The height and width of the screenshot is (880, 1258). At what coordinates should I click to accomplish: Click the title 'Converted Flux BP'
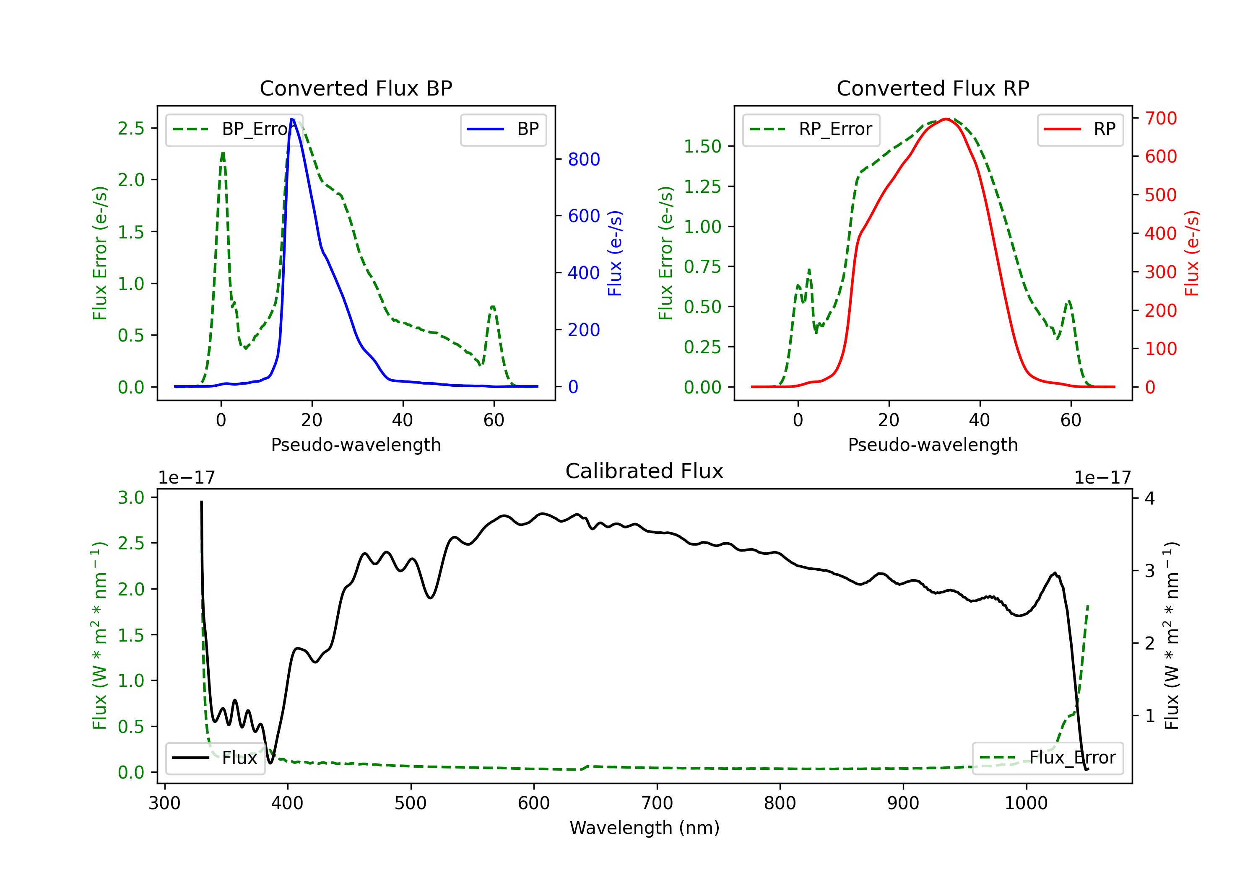pyautogui.click(x=356, y=88)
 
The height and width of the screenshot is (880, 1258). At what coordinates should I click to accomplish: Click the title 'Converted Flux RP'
pyautogui.click(x=933, y=88)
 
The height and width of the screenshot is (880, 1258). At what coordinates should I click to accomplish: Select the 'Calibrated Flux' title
pyautogui.click(x=645, y=471)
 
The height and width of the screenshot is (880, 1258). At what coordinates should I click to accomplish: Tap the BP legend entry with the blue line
pyautogui.click(x=503, y=129)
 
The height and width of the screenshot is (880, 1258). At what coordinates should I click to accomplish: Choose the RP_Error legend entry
pyautogui.click(x=811, y=129)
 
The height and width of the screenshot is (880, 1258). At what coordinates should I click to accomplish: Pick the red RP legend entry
pyautogui.click(x=1080, y=129)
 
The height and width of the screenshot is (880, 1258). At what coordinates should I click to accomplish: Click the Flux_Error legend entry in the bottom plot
pyautogui.click(x=1047, y=758)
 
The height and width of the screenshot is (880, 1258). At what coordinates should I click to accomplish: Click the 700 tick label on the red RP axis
pyautogui.click(x=1160, y=118)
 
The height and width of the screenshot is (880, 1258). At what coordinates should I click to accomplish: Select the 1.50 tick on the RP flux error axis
pyautogui.click(x=702, y=146)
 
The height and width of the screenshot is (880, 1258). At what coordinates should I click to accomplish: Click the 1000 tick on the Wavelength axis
pyautogui.click(x=1026, y=803)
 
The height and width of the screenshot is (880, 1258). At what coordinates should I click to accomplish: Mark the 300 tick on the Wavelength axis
pyautogui.click(x=164, y=803)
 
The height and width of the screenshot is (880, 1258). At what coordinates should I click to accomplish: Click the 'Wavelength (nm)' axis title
pyautogui.click(x=645, y=828)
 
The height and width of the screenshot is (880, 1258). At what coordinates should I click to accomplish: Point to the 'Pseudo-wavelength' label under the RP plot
pyautogui.click(x=933, y=445)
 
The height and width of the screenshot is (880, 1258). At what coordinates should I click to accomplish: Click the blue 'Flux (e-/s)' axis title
pyautogui.click(x=615, y=253)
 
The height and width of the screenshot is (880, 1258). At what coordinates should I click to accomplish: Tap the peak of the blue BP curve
pyautogui.click(x=292, y=119)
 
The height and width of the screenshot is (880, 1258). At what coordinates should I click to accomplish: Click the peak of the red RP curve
pyautogui.click(x=946, y=119)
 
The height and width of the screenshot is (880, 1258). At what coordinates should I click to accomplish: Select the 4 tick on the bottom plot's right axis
pyautogui.click(x=1149, y=498)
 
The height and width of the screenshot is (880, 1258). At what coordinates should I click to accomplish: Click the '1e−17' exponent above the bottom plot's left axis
pyautogui.click(x=186, y=478)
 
